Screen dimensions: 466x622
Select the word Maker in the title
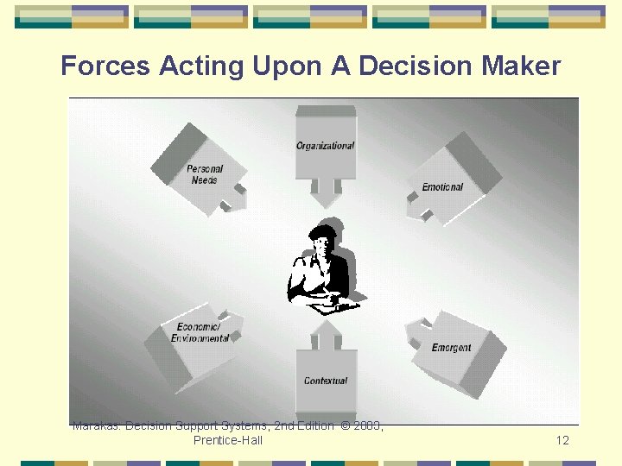(x=523, y=66)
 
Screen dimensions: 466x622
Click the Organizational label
(x=325, y=146)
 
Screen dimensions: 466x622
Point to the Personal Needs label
(x=205, y=174)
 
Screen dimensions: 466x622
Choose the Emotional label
(x=442, y=187)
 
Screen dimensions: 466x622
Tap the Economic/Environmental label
(x=200, y=333)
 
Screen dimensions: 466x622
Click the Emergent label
(x=451, y=348)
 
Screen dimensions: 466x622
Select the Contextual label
(x=326, y=381)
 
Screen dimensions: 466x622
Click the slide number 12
(x=562, y=440)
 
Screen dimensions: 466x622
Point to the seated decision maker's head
(x=322, y=239)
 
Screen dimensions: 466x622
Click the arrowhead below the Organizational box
(x=326, y=198)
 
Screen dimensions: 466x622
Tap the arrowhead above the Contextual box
(x=326, y=329)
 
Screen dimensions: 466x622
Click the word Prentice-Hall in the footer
(x=228, y=440)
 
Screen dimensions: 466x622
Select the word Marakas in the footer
(x=96, y=425)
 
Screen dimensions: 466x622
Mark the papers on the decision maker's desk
(x=326, y=304)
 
